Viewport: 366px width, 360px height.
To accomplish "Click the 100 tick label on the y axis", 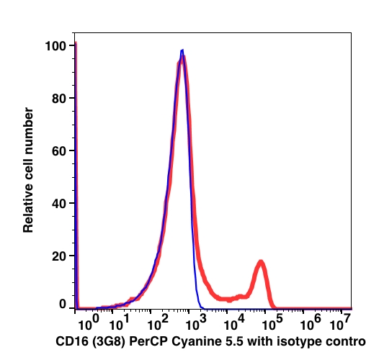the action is tap(55, 46).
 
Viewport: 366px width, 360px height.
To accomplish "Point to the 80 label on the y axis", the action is tap(59, 99).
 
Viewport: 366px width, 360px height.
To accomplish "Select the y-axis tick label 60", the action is tap(59, 151).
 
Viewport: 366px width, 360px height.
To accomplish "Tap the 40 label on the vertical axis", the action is tap(59, 204).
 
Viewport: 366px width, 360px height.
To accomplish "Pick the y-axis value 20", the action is tap(59, 256).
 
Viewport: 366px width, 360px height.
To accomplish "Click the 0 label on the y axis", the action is tap(63, 305).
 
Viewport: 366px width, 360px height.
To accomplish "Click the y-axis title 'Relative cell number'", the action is tap(28, 170).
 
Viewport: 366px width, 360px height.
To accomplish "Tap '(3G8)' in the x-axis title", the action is tap(109, 342).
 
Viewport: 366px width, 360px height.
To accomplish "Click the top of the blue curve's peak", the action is tap(182, 50).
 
